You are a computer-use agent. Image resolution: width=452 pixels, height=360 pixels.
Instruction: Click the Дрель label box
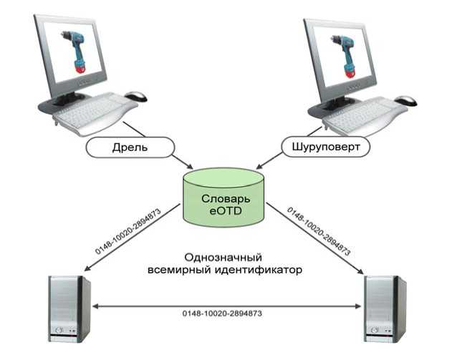[130, 147]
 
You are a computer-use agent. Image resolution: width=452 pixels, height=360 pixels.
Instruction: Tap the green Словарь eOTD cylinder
[225, 198]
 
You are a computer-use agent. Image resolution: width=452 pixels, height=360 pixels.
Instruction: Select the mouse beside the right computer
[405, 100]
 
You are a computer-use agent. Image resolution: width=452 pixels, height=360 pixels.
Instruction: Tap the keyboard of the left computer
[95, 112]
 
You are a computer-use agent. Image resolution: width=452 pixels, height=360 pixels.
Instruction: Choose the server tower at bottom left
[69, 308]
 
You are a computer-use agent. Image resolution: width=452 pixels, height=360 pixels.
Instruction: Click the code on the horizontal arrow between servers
[226, 313]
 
